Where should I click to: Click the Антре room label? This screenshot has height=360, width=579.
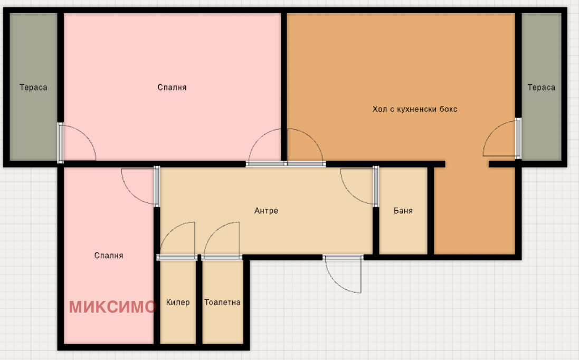click(266, 211)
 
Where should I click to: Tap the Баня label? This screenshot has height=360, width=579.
click(403, 211)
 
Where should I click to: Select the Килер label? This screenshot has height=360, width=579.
click(178, 303)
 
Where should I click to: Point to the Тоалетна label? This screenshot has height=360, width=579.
click(222, 303)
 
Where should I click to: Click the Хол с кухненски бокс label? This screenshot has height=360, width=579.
click(415, 109)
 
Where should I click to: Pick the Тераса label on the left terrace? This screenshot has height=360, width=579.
click(33, 87)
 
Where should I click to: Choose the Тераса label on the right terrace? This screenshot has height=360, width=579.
click(541, 87)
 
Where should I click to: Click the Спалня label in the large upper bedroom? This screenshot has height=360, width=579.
click(172, 87)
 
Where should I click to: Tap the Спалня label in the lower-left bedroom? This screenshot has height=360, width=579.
click(109, 256)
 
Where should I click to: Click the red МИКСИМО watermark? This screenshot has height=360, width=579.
click(112, 307)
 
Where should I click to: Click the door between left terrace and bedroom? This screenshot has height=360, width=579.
click(77, 143)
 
